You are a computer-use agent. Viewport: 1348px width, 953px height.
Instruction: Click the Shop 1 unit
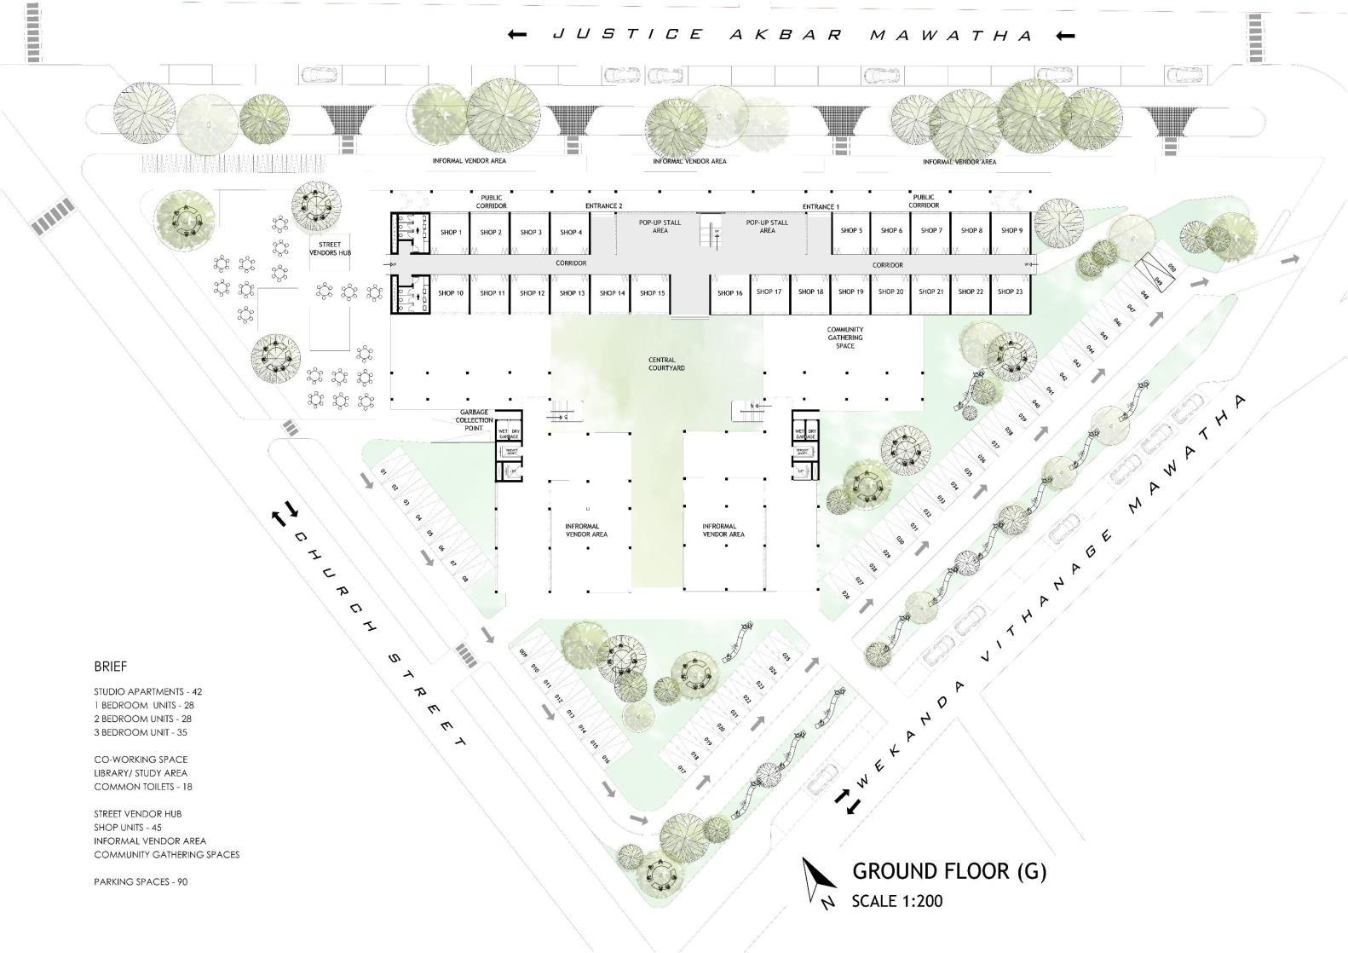(x=450, y=232)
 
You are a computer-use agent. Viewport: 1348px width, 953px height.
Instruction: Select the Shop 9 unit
(x=1011, y=230)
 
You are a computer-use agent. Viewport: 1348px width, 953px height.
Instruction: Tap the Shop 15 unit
(x=652, y=293)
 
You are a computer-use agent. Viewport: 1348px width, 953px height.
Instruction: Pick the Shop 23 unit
(x=1009, y=292)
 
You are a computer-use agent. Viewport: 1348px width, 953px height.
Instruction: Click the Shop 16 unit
(x=729, y=293)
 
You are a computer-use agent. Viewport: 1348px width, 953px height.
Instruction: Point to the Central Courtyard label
(x=666, y=364)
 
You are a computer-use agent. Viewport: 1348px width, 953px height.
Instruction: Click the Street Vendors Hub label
(x=330, y=249)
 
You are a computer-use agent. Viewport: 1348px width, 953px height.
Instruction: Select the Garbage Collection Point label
(x=475, y=420)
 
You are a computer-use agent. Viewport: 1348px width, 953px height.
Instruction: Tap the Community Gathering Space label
(x=844, y=338)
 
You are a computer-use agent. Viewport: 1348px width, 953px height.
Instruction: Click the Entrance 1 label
(x=821, y=207)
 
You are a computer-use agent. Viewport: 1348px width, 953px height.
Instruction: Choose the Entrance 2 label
(x=603, y=206)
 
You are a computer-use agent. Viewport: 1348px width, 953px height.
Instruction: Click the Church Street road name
(x=378, y=639)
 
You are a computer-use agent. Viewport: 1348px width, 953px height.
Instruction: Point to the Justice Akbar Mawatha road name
(x=792, y=35)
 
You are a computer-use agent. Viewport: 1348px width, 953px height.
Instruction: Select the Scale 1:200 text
(x=896, y=901)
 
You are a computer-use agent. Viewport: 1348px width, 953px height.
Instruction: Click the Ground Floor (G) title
(x=949, y=871)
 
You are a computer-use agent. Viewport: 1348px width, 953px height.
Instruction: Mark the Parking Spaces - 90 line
(x=141, y=881)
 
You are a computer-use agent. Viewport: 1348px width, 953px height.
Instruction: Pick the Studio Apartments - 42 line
(x=147, y=691)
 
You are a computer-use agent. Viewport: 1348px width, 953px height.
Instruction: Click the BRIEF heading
(x=110, y=667)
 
